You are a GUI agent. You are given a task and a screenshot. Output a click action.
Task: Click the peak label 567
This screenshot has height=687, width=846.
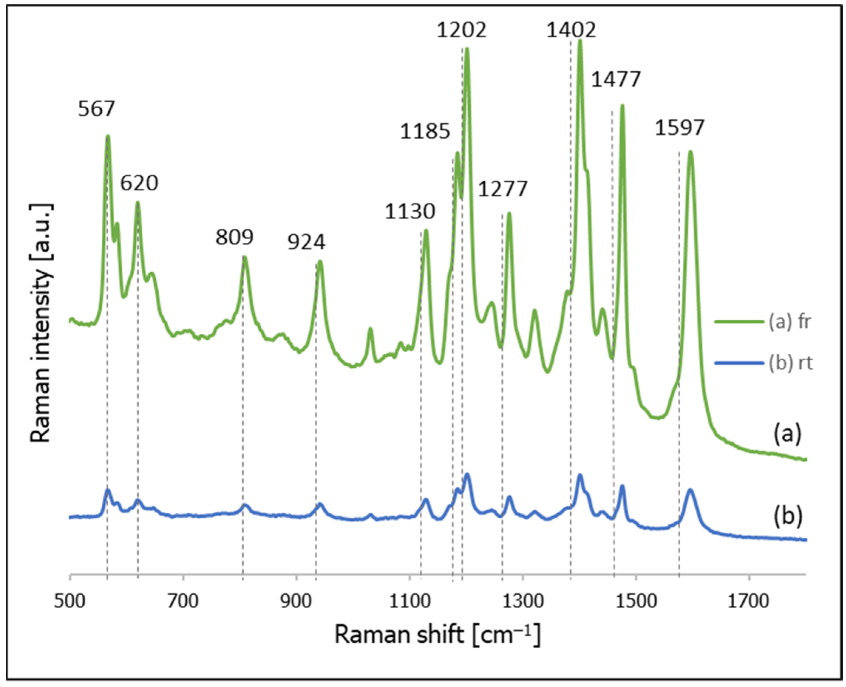pyautogui.click(x=96, y=109)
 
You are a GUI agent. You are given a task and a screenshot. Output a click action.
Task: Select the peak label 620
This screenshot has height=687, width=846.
pyautogui.click(x=139, y=183)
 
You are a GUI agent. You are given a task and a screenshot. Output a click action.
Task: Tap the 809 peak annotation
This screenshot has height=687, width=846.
pyautogui.click(x=234, y=238)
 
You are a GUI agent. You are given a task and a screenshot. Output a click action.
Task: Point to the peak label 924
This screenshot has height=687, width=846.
pyautogui.click(x=306, y=242)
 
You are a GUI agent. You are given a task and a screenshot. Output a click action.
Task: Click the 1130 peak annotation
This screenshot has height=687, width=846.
pyautogui.click(x=410, y=212)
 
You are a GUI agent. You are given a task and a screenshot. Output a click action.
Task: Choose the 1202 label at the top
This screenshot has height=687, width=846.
pyautogui.click(x=461, y=30)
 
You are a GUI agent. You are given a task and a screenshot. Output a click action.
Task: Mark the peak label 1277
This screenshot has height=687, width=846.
pyautogui.click(x=503, y=189)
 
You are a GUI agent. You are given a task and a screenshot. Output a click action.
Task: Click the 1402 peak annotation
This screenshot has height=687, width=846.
pyautogui.click(x=571, y=30)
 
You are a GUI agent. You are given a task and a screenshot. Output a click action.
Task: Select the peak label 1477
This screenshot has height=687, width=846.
pyautogui.click(x=616, y=79)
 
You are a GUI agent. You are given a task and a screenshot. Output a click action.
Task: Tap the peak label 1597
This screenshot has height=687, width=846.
pyautogui.click(x=679, y=128)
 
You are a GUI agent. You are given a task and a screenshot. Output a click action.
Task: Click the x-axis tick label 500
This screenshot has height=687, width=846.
pyautogui.click(x=70, y=601)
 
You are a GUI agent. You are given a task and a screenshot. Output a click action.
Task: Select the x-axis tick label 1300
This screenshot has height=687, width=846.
pyautogui.click(x=523, y=601)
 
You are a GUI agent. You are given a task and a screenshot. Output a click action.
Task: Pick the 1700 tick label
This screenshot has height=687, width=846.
pyautogui.click(x=749, y=601)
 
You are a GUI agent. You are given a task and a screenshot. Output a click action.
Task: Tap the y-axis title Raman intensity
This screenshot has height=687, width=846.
pyautogui.click(x=41, y=323)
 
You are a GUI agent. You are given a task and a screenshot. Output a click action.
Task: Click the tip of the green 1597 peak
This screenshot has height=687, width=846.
pyautogui.click(x=690, y=152)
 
